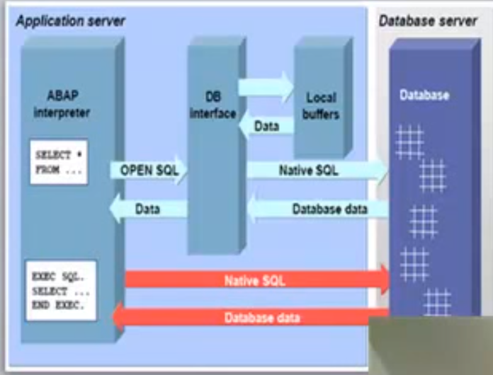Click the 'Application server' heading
point(70,21)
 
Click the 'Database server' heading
point(428,21)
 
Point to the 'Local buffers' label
point(321,105)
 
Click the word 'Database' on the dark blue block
point(424,96)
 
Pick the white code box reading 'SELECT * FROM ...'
point(59,161)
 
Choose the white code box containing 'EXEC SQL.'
point(60,290)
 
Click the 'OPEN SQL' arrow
point(148,170)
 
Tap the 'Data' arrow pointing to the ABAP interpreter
point(148,209)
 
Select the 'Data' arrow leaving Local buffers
point(265,126)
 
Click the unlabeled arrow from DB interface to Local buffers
point(265,86)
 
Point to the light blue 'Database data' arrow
point(319,209)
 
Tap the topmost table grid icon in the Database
point(409,142)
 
